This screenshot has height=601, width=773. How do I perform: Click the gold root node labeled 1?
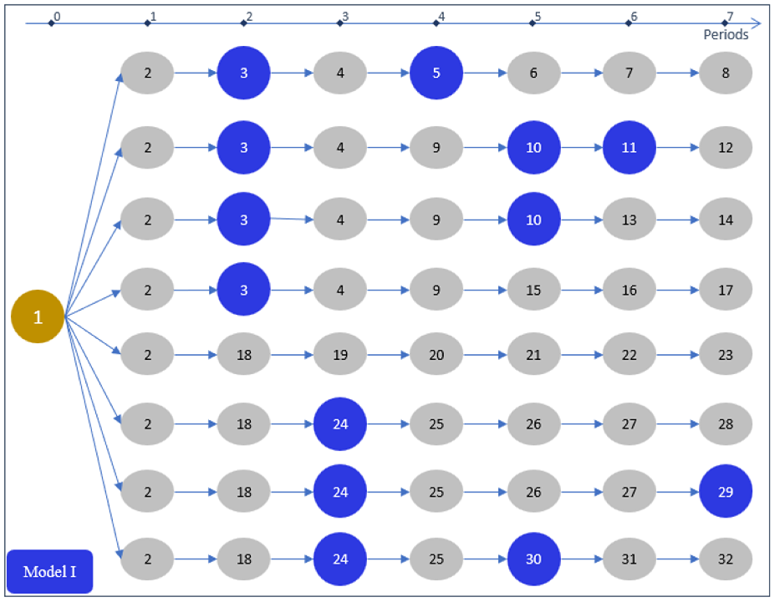38,317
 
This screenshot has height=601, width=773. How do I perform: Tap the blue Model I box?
50,571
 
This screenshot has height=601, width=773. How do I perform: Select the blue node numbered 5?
436,73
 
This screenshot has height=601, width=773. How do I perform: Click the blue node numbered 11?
629,147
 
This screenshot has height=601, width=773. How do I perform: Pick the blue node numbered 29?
725,491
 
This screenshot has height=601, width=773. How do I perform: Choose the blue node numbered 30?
533,559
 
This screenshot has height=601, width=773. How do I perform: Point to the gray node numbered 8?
725,73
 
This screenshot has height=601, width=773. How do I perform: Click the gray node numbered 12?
725,147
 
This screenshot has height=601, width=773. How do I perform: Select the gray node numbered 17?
725,290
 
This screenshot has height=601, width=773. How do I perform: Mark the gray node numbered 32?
725,559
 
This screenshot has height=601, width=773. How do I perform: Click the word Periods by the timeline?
725,35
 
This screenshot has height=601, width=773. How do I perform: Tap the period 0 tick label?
57,16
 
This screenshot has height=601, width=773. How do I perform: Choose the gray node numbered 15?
533,290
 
